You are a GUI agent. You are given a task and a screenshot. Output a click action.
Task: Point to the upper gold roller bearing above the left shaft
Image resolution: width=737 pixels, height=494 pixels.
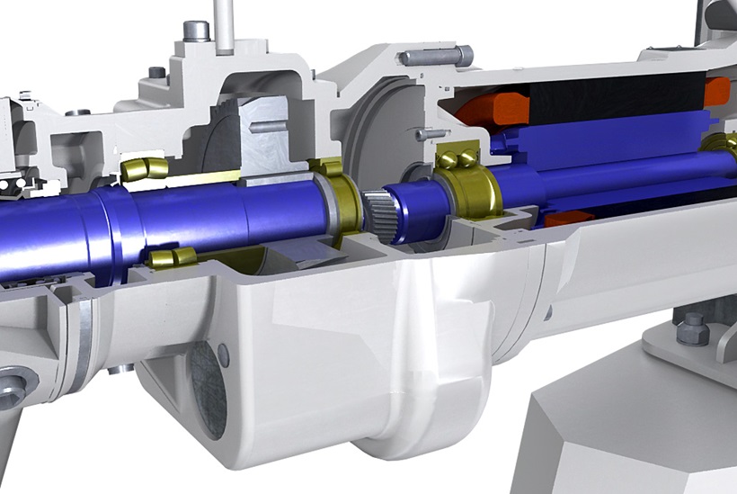(145, 168)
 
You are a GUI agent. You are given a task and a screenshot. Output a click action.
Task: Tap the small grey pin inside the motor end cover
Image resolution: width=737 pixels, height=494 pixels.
(432, 133)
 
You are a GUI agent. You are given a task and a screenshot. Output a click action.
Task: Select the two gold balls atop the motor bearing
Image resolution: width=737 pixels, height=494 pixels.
(457, 160)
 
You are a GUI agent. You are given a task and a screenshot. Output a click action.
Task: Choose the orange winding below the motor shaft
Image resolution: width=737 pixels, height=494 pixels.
(562, 219)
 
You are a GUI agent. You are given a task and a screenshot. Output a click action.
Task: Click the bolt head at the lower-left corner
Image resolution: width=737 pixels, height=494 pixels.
(11, 389)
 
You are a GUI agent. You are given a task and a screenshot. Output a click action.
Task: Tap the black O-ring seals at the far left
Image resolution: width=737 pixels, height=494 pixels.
(13, 184)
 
